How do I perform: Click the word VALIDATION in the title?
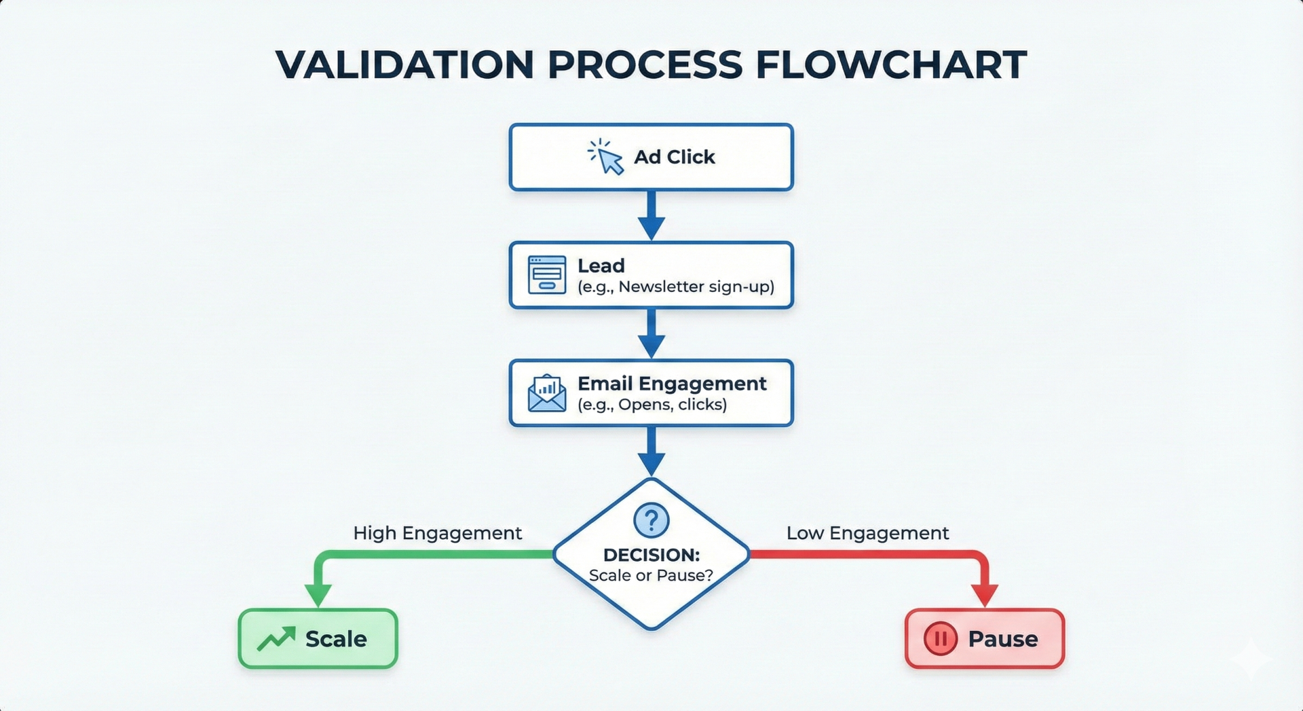point(404,65)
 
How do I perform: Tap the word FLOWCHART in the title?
point(890,65)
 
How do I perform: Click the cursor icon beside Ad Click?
point(606,158)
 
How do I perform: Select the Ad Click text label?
point(674,157)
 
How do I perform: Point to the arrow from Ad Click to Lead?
point(651,216)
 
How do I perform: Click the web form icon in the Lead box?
point(546,275)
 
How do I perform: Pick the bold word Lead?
point(601,266)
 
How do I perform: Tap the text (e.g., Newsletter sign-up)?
point(675,287)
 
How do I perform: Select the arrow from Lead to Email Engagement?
point(651,333)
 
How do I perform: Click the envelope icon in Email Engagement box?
point(546,393)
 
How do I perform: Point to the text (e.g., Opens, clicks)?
point(651,405)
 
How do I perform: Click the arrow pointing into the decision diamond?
point(651,452)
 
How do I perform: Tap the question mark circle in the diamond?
point(651,520)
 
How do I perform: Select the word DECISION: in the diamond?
point(651,555)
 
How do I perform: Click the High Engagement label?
point(437,533)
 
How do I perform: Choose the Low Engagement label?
point(867,533)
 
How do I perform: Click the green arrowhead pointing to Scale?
point(318,594)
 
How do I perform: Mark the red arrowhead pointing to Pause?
point(985,594)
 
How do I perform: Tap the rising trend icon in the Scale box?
point(276,638)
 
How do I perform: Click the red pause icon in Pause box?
point(941,638)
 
